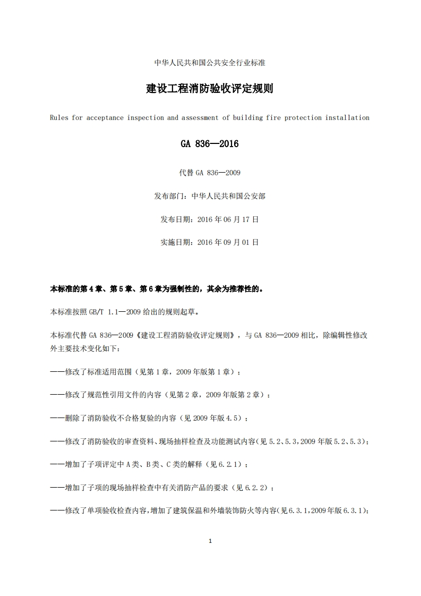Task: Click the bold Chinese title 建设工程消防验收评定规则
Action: [210, 89]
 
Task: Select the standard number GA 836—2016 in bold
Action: [210, 144]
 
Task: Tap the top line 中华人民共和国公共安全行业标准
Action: [210, 63]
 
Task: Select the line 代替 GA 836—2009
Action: [210, 173]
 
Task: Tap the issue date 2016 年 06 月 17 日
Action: [228, 219]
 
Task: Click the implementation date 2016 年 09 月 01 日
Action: [228, 242]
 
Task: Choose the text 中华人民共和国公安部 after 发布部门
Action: [228, 196]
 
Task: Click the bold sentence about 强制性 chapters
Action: [157, 290]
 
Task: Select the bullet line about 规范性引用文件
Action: [160, 395]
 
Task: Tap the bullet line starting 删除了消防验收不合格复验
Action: [149, 419]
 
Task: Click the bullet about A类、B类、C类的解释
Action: [149, 464]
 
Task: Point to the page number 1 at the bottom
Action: [210, 541]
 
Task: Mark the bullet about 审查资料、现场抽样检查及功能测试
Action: [210, 441]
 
